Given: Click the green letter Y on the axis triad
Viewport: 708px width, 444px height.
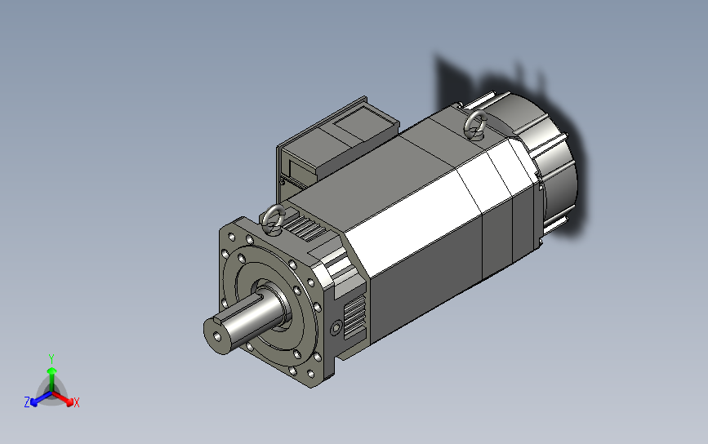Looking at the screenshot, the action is pos(51,359).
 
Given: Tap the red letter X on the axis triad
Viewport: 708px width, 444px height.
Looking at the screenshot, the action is pos(76,402).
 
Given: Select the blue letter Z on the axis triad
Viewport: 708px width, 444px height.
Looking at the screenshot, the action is pos(27,402).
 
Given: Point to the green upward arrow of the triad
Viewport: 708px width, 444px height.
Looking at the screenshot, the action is pos(52,379).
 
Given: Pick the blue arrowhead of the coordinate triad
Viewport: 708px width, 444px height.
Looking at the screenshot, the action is pos(33,401).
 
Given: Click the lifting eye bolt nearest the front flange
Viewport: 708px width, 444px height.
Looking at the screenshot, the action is pos(274,220).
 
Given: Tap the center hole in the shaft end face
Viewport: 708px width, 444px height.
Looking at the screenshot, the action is pos(218,336).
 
